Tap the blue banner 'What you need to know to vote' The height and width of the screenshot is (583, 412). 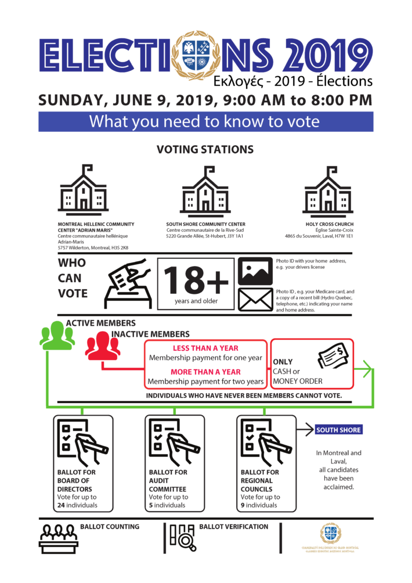tap(205, 122)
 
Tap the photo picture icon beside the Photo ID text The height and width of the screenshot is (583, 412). tap(255, 271)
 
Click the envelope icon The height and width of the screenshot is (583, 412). tap(255, 300)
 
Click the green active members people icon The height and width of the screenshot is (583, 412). tap(57, 335)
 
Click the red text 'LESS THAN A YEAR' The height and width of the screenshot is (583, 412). tap(205, 348)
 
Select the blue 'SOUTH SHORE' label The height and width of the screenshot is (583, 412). tap(338, 430)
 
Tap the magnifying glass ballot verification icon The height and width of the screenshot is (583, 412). tap(182, 537)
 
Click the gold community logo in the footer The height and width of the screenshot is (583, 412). tap(331, 534)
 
